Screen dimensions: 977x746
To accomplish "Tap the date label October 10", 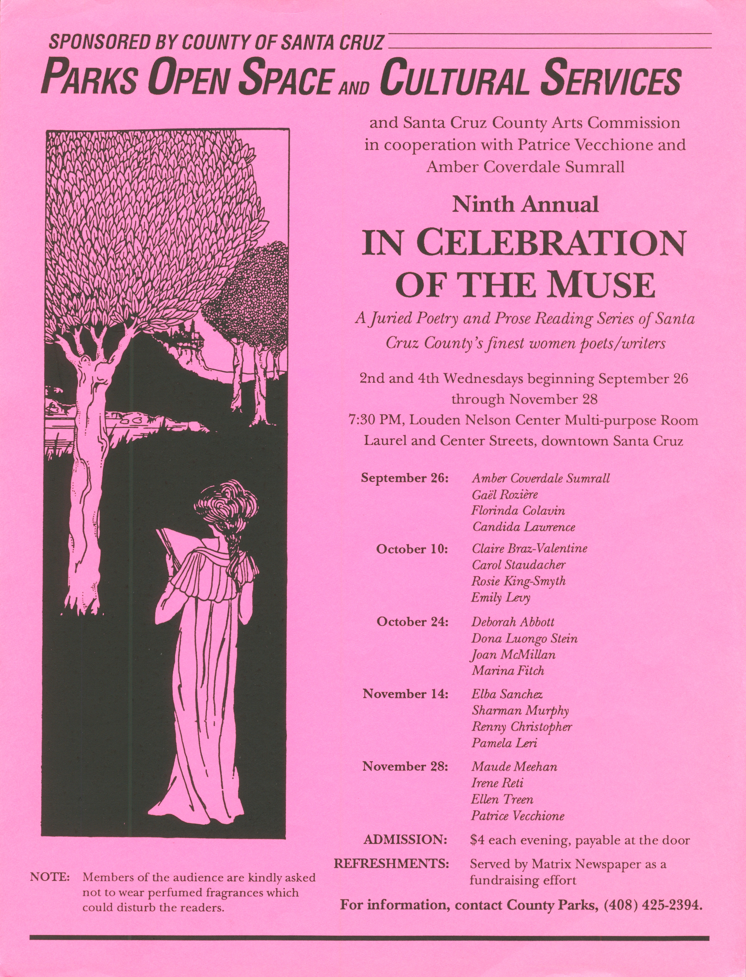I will coord(412,549).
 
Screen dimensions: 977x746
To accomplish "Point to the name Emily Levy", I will coord(501,598).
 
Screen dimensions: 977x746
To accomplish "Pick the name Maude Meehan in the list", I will coord(514,767).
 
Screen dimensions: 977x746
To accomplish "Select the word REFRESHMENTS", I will coord(391,864).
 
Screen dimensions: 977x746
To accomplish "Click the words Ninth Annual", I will coord(525,205).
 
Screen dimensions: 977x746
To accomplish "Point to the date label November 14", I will coord(405,694).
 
